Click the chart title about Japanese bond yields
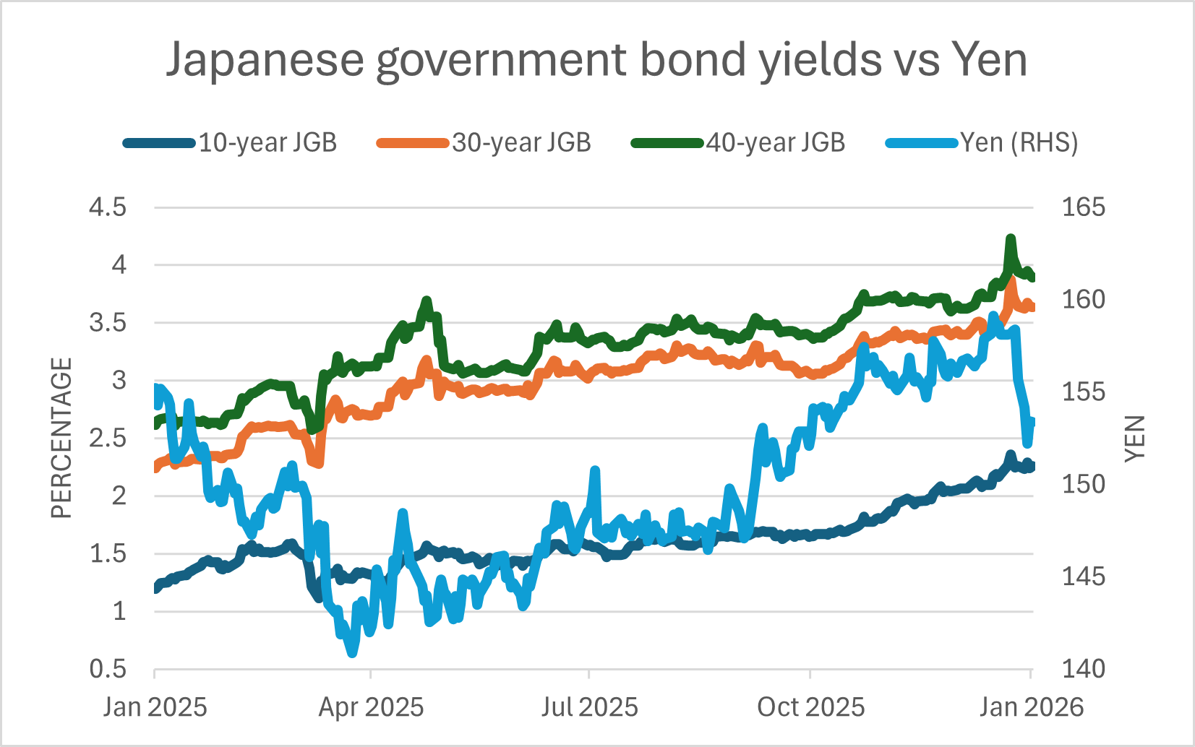pyautogui.click(x=596, y=59)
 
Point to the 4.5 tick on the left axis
pyautogui.click(x=108, y=208)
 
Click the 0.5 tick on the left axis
pyautogui.click(x=108, y=670)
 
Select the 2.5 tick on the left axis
pyautogui.click(x=108, y=439)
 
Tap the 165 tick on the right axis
pyautogui.click(x=1083, y=208)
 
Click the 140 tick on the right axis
pyautogui.click(x=1083, y=670)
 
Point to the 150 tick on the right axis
pyautogui.click(x=1083, y=485)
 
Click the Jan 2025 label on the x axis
pyautogui.click(x=155, y=707)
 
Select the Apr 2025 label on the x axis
pyautogui.click(x=371, y=707)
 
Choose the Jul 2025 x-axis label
pyautogui.click(x=590, y=707)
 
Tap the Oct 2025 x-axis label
pyautogui.click(x=810, y=707)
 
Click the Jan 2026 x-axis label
pyautogui.click(x=1032, y=707)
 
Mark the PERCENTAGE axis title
pyautogui.click(x=62, y=439)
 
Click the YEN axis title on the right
pyautogui.click(x=1136, y=439)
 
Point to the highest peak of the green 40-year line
pyautogui.click(x=1011, y=238)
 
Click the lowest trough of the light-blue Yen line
pyautogui.click(x=352, y=653)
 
